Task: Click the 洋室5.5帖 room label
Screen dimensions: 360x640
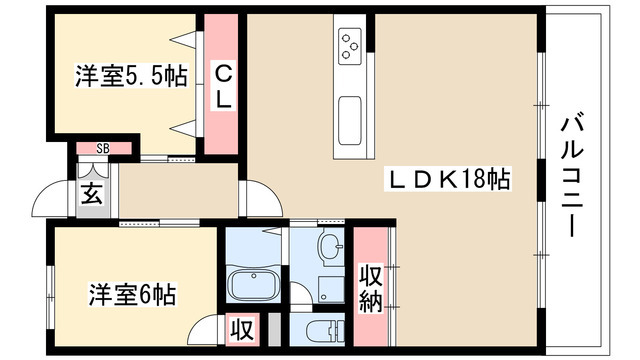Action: [x=130, y=77]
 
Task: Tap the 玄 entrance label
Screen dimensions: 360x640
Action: [x=91, y=193]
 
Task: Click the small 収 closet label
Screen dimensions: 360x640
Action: [x=242, y=328]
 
